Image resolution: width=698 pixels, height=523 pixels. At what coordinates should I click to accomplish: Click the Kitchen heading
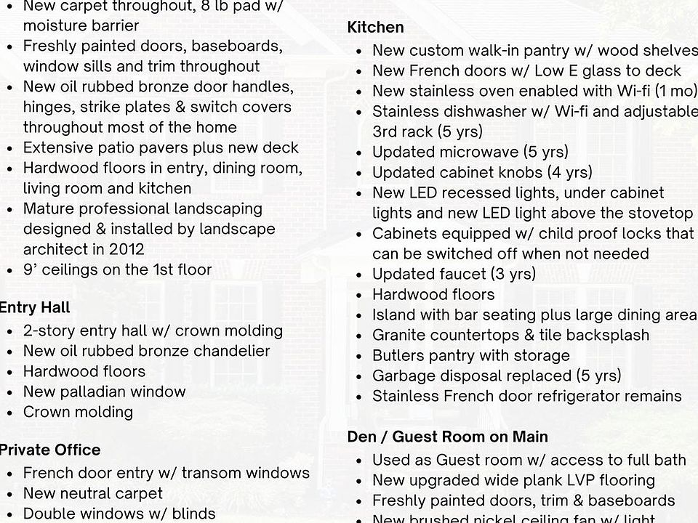(375, 28)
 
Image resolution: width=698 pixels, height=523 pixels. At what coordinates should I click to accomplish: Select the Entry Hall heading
(35, 307)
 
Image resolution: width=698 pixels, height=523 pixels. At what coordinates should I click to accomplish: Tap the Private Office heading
(49, 450)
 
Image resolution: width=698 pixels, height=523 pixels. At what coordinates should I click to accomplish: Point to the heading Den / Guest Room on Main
(447, 437)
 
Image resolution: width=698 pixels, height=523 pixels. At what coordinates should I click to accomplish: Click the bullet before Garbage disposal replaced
(360, 376)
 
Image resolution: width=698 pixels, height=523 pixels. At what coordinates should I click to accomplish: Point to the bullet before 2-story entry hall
(9, 331)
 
